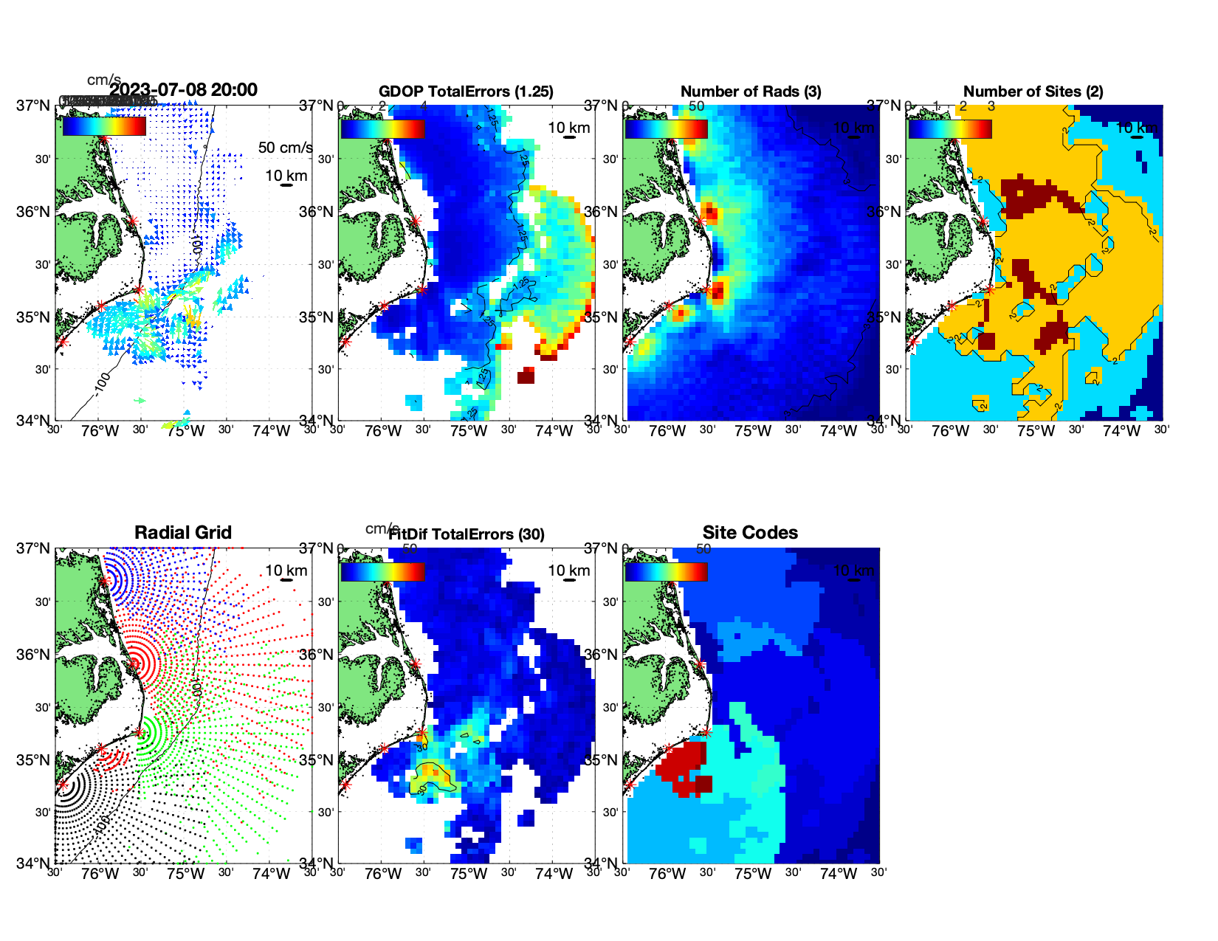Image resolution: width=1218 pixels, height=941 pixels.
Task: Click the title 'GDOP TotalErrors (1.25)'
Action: pos(466,92)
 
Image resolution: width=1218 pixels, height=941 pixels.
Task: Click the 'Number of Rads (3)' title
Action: pos(751,92)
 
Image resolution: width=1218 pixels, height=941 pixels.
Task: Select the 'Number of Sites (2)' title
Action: pos(1033,92)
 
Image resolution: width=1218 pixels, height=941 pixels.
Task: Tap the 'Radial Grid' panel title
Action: pos(183,533)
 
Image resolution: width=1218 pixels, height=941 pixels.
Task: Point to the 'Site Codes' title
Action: pos(750,533)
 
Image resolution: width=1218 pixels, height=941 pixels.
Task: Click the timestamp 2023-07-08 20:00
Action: pos(184,90)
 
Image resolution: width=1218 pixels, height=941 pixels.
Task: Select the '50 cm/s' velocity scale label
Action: pos(285,148)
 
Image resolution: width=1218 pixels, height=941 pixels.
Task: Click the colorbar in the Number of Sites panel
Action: pos(950,128)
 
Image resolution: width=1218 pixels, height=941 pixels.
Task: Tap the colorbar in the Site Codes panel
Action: pos(667,572)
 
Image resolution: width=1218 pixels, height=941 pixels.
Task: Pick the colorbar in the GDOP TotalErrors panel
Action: pos(382,128)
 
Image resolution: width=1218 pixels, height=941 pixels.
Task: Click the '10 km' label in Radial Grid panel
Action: pos(286,571)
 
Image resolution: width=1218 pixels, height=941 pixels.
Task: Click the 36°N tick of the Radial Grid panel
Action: pos(34,655)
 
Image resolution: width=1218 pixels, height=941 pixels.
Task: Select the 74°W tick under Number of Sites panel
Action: pos(1121,431)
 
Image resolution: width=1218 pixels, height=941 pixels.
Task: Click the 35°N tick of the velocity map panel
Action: pos(34,317)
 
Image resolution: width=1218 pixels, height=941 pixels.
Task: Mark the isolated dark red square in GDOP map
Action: pos(526,376)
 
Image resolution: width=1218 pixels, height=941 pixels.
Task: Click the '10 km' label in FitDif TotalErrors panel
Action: pos(568,571)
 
